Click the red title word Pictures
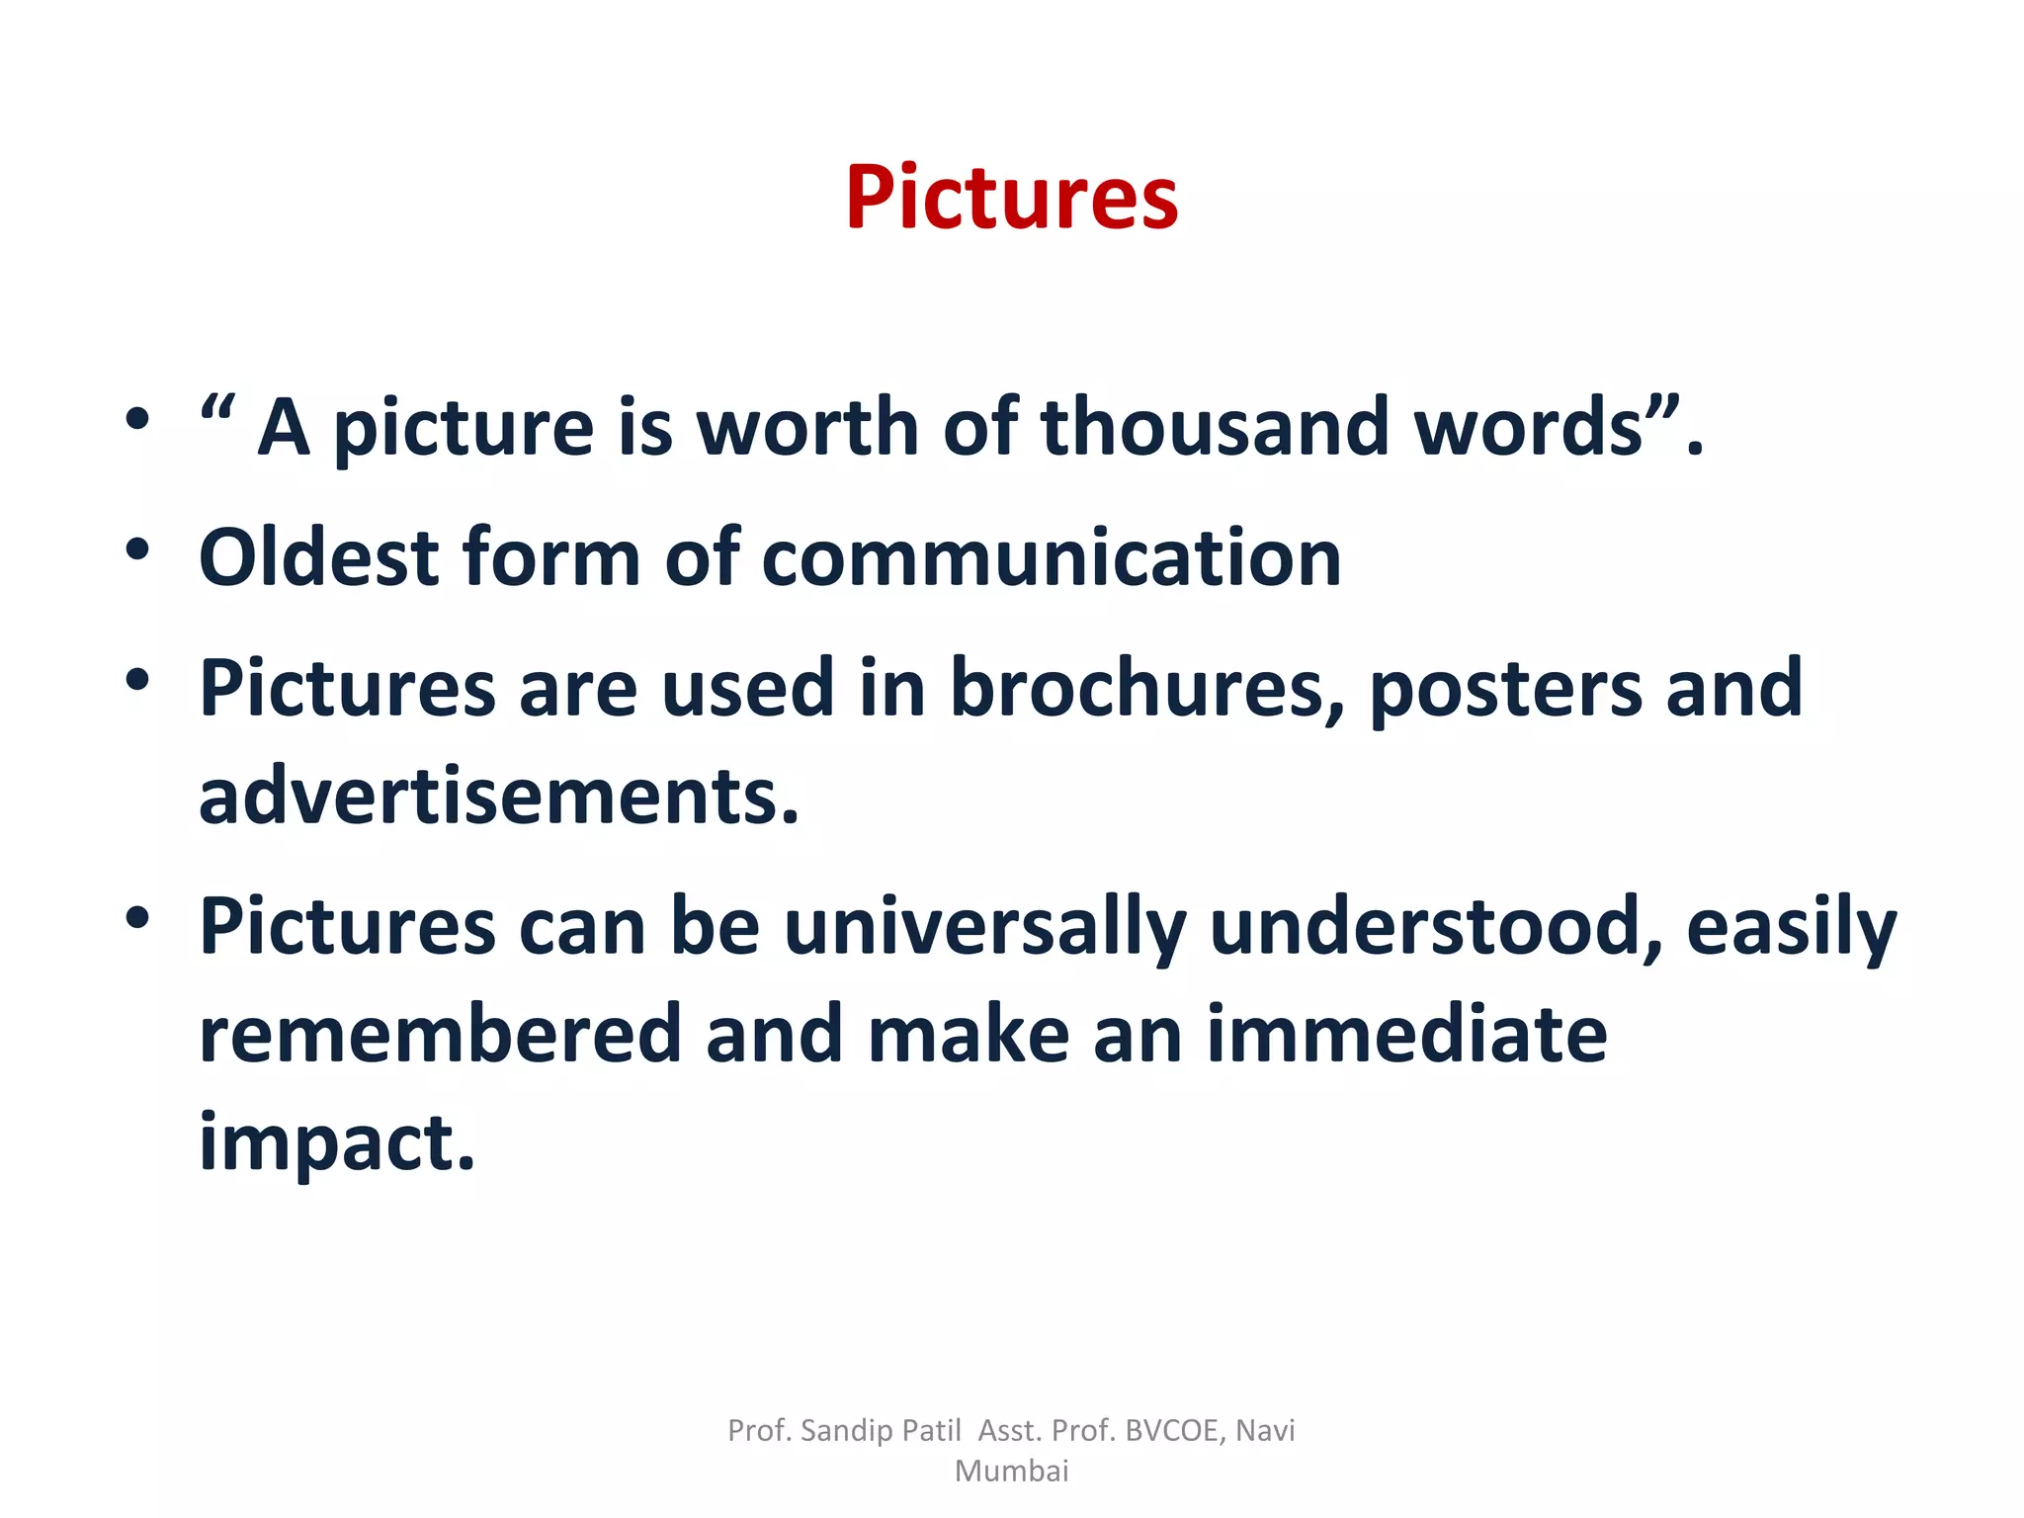pyautogui.click(x=1011, y=198)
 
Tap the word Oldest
pyautogui.click(x=319, y=557)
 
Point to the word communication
pyautogui.click(x=1052, y=557)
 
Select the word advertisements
pyautogui.click(x=498, y=796)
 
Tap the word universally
pyautogui.click(x=985, y=927)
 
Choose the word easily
pyautogui.click(x=1791, y=927)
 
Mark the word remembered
pyautogui.click(x=441, y=1034)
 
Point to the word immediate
pyautogui.click(x=1406, y=1034)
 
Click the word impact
pyautogui.click(x=336, y=1142)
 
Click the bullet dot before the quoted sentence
pyautogui.click(x=137, y=418)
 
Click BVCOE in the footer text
pyautogui.click(x=1175, y=1430)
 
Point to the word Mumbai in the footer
pyautogui.click(x=1011, y=1472)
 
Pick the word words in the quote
pyautogui.click(x=1528, y=427)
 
